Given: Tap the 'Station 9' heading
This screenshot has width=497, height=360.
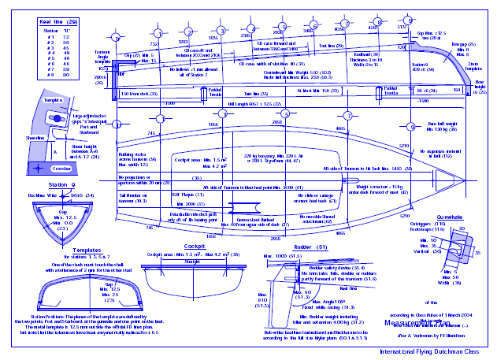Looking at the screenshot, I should [46, 185].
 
